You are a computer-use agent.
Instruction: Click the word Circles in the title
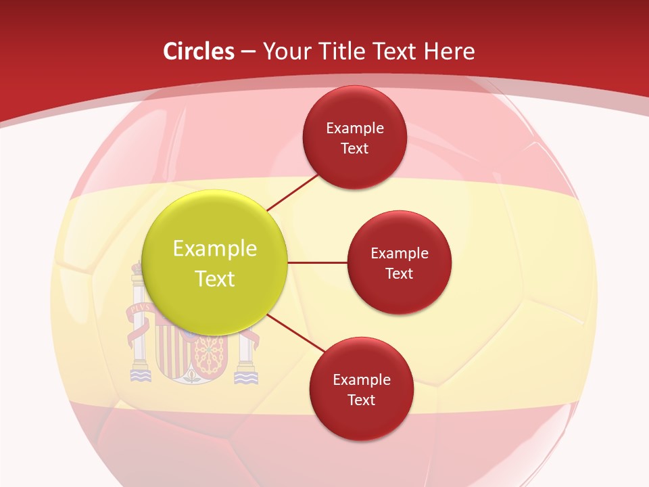coord(198,51)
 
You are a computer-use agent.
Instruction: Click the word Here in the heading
coord(449,51)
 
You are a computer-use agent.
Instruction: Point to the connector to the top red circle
coord(293,192)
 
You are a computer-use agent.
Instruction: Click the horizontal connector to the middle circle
coord(317,262)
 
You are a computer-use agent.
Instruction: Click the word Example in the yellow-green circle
coord(215,249)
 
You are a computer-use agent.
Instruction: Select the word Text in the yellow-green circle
coord(215,279)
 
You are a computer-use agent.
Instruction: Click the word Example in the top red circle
coord(355,129)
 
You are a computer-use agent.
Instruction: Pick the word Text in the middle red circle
coord(399,274)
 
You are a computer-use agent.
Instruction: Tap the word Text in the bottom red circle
coord(361,400)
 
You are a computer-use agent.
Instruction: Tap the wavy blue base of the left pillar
coord(140,375)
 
